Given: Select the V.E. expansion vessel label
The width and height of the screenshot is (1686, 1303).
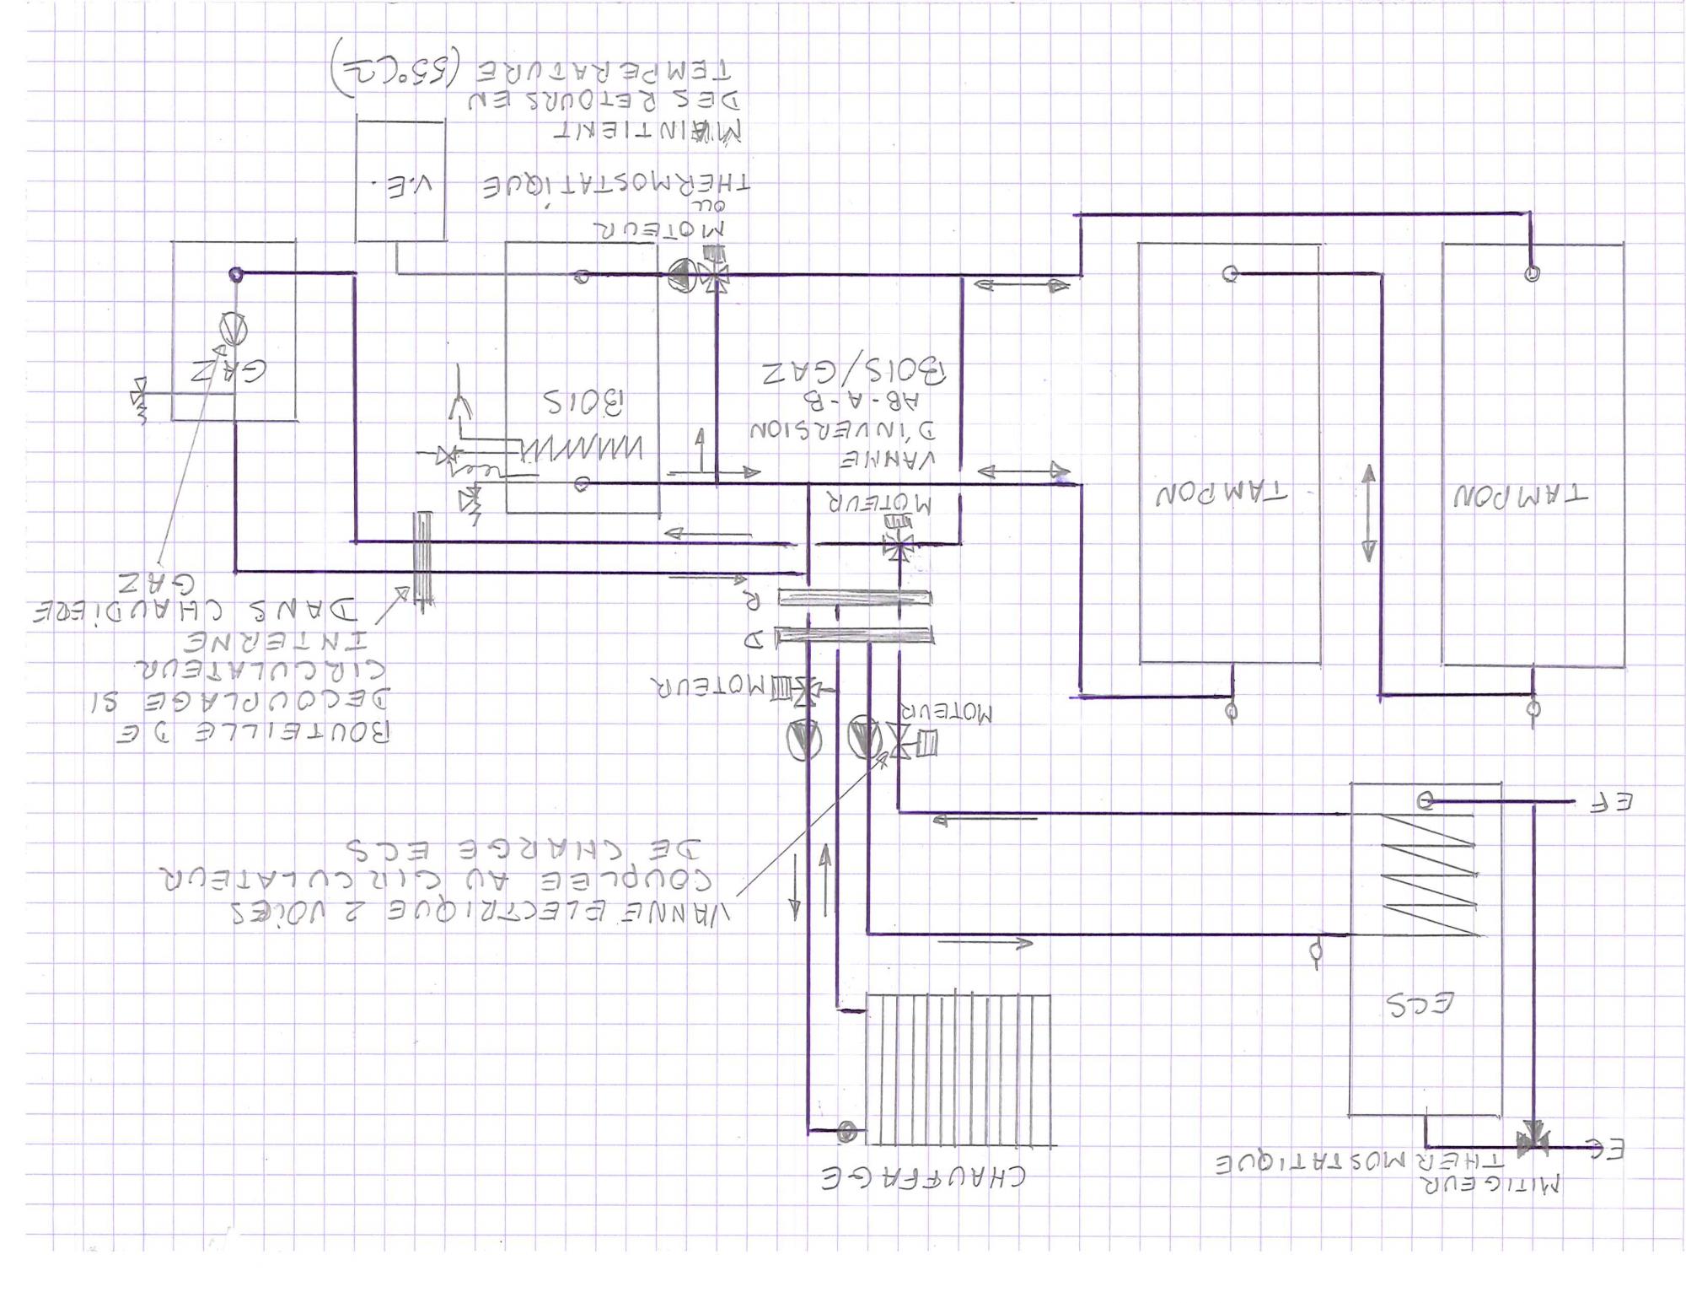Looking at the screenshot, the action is tap(400, 185).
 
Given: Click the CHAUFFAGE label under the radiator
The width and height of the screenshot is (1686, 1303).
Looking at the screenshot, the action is tap(923, 1176).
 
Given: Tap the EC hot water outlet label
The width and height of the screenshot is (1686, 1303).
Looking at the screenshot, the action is tap(1606, 1149).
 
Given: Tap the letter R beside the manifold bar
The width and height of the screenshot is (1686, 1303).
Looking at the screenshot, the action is tap(751, 600).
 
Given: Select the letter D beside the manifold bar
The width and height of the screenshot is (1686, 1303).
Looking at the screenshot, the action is tap(752, 638).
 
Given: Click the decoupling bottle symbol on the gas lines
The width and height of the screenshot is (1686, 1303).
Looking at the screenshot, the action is tap(422, 558).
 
